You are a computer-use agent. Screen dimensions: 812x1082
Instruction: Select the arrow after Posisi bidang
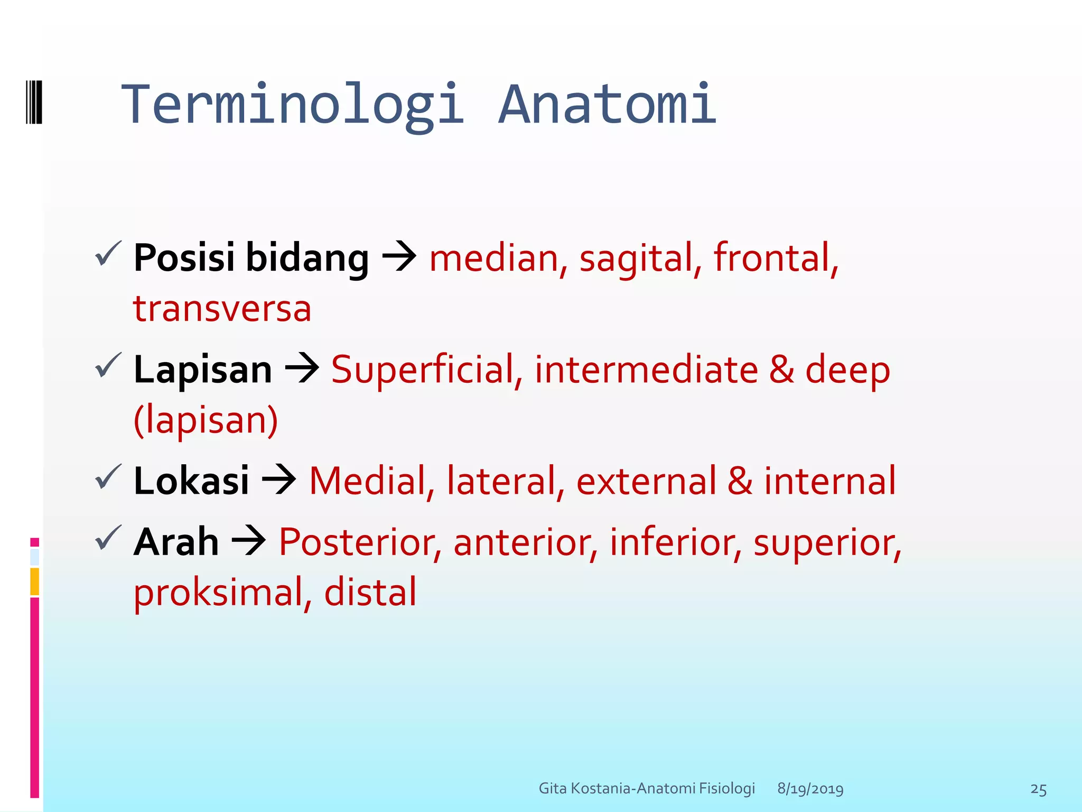[399, 257]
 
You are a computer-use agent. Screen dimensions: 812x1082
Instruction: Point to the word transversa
[222, 309]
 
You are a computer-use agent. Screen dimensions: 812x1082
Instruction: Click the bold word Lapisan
[203, 370]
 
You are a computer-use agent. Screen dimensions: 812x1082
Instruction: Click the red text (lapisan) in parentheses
[206, 420]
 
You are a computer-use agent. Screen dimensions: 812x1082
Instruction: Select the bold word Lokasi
[191, 481]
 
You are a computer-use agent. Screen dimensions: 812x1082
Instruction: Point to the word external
[646, 481]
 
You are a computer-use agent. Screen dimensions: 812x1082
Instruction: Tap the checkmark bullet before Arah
[108, 538]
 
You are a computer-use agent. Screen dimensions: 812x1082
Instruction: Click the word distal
[370, 592]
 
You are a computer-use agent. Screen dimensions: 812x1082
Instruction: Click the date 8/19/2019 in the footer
[810, 789]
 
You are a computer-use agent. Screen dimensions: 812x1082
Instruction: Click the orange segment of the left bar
[34, 581]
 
